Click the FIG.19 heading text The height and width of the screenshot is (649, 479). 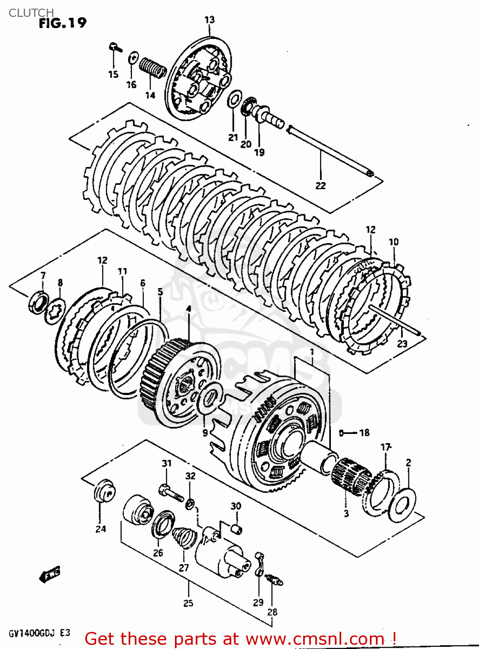(62, 23)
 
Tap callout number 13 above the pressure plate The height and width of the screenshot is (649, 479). (209, 20)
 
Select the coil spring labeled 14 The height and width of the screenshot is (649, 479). (152, 68)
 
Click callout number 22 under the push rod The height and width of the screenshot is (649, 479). (320, 186)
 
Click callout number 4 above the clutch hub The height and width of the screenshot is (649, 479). (188, 309)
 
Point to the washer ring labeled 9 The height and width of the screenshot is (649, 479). (210, 398)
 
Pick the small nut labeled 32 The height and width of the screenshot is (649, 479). (190, 504)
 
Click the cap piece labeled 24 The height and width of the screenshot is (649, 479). (103, 491)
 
